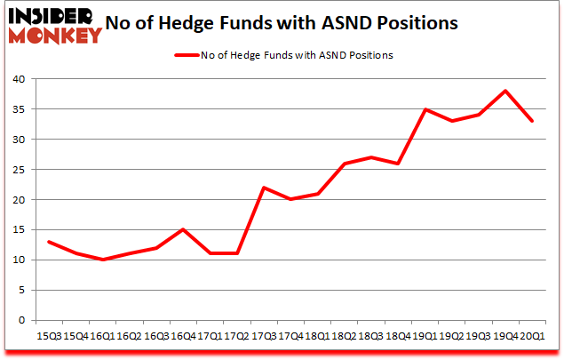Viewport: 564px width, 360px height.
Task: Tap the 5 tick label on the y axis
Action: coord(19,291)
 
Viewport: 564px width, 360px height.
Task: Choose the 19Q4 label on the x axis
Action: coord(504,336)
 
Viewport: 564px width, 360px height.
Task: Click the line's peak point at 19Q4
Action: coord(506,91)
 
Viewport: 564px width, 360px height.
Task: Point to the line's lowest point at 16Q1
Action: coord(103,260)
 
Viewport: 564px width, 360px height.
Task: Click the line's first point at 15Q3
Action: coord(49,242)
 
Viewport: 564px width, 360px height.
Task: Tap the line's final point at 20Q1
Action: coord(532,121)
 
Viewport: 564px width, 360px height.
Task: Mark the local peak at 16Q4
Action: coord(183,229)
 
